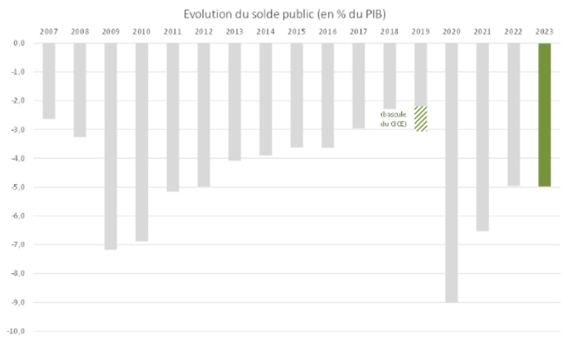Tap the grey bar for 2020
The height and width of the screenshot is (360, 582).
451,173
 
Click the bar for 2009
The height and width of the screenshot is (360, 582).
111,146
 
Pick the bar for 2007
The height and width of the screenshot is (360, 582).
48,81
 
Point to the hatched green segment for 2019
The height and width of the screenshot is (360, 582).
420,118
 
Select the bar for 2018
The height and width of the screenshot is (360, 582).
390,75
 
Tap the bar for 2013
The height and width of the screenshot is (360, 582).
234,102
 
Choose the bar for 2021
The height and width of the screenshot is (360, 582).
482,137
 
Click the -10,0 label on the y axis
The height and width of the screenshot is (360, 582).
17,331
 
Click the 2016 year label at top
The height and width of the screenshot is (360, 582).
327,31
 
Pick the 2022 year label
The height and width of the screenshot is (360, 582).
513,31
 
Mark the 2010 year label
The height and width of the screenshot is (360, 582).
141,31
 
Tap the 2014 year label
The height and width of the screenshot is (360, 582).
266,31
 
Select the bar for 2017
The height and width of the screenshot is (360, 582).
359,86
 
